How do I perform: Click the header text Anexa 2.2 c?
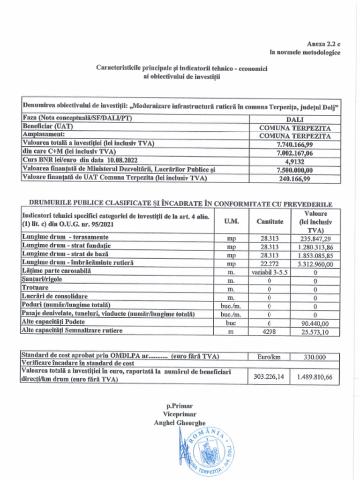(x=323, y=43)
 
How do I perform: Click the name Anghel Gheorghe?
(x=180, y=423)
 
